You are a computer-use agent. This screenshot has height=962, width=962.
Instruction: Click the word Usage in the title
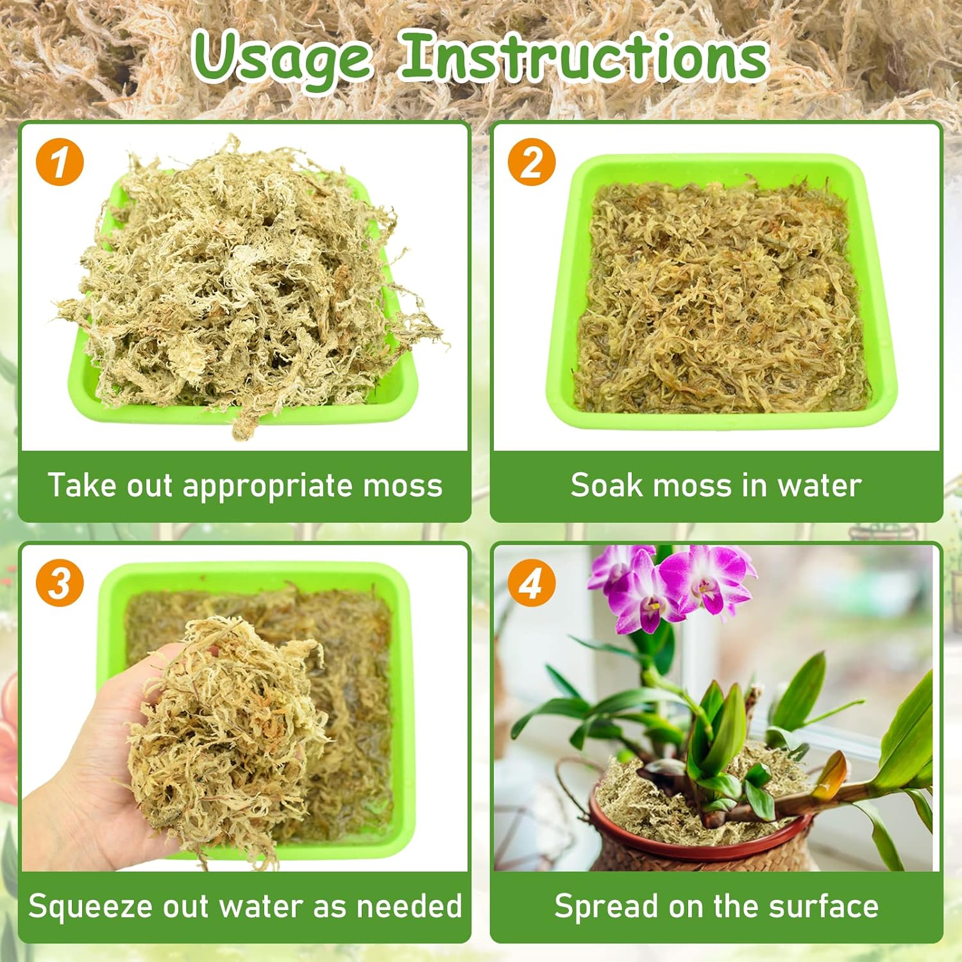[283, 59]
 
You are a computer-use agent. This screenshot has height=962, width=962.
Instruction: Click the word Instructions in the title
[584, 57]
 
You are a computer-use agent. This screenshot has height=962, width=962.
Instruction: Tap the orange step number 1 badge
[60, 162]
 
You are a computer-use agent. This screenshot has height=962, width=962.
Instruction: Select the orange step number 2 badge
[532, 162]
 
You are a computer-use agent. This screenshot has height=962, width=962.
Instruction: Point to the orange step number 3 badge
[60, 583]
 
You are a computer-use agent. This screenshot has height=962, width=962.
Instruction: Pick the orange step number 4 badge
[532, 583]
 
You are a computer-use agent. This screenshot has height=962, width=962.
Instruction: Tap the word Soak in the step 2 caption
[607, 485]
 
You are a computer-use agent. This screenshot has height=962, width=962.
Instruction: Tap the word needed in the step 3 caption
[409, 906]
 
